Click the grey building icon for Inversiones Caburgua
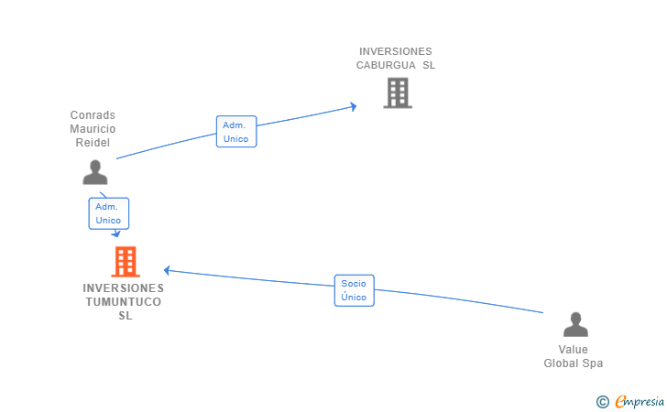coord(397,92)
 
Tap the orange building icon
coord(126,262)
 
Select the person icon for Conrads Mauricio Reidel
coord(94,172)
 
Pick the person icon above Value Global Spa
coord(575,325)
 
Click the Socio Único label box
coord(354,290)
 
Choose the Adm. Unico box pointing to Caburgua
coord(236,132)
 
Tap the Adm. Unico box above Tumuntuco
coord(108,213)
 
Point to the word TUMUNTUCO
coord(123,301)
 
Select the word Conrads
coord(93,115)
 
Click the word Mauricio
coord(93,129)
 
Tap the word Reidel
coord(93,143)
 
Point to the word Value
coord(574,350)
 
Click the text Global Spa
coord(574,363)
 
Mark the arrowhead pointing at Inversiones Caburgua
coord(354,107)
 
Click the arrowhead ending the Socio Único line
coord(167,270)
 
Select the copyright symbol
coord(602,401)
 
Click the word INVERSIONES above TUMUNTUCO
coord(123,287)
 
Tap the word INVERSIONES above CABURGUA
coord(396,51)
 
